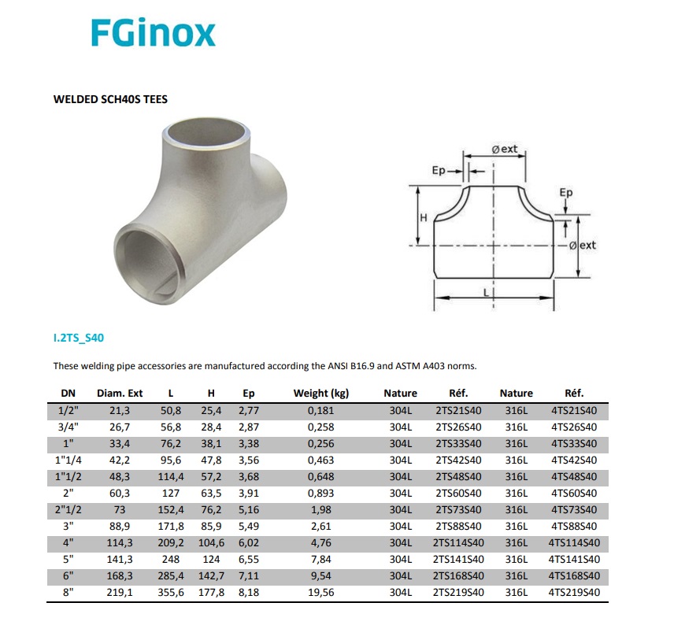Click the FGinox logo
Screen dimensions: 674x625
pos(153,33)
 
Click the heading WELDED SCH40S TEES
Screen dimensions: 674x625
pos(110,99)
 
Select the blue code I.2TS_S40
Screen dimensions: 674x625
pos(79,338)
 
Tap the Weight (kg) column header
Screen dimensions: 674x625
pos(321,394)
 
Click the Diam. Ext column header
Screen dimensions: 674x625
pos(120,394)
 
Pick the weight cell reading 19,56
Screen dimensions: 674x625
pos(321,592)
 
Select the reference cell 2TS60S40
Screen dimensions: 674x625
pos(458,493)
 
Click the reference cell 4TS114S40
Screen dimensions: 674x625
pos(574,543)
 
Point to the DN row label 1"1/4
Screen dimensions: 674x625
pos(69,460)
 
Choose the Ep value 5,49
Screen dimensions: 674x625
pos(249,526)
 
